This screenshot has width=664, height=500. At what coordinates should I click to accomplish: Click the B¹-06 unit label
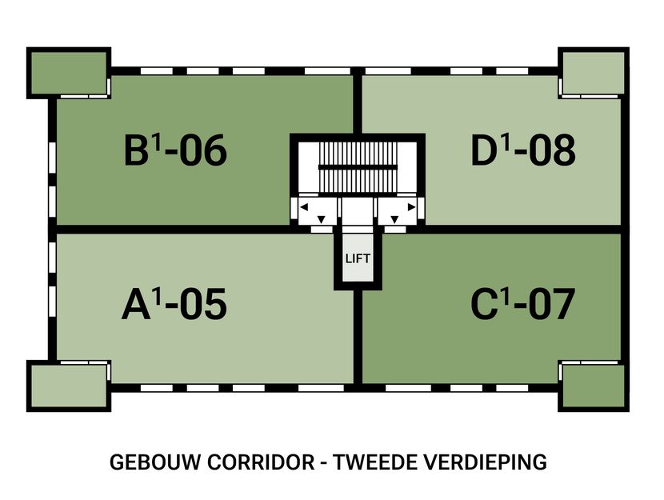pos(175,151)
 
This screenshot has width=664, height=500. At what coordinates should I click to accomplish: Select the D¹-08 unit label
pos(523,151)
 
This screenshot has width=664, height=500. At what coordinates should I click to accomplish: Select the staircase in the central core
pos(357,167)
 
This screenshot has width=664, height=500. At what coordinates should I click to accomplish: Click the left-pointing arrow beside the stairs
pos(303,208)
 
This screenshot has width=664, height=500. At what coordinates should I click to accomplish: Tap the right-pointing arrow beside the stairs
pos(411,208)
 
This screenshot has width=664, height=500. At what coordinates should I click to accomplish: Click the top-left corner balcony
pos(68,73)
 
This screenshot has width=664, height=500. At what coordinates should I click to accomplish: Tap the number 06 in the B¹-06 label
pos(202,151)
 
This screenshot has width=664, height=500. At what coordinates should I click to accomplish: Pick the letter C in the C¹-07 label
pos(485,305)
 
